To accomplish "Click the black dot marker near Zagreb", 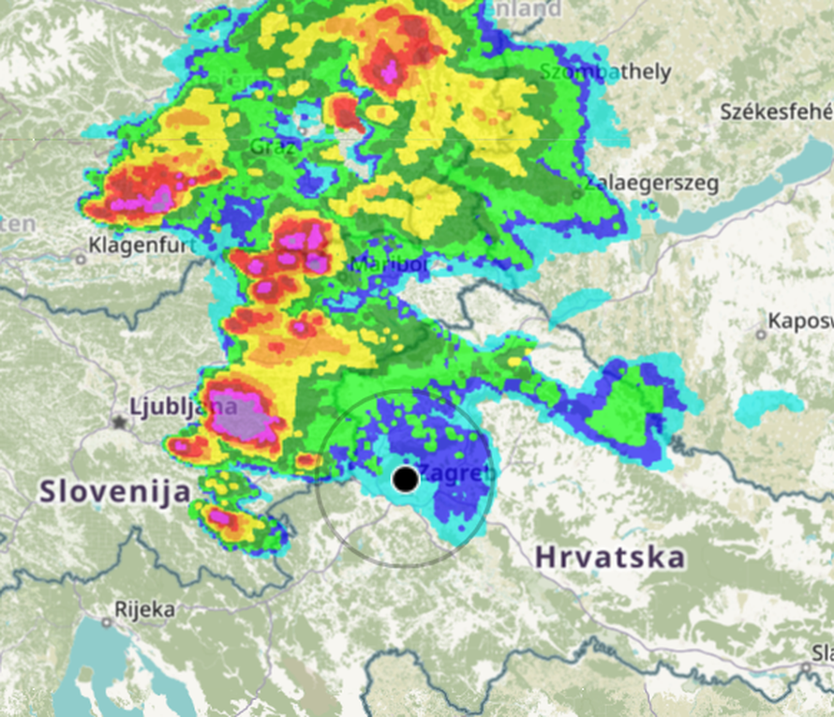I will (x=405, y=480).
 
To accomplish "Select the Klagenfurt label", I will (x=142, y=246).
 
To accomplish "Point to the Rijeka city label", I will (x=144, y=609).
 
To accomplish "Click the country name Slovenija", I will (x=115, y=490).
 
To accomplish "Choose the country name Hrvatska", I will (x=609, y=557).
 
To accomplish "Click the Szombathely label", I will (x=605, y=71).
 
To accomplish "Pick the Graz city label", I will (x=274, y=146).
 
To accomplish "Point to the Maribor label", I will (x=389, y=265).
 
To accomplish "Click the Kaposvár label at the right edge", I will (x=799, y=321).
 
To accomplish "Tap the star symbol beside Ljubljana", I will (x=119, y=423).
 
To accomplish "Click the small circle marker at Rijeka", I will (x=107, y=621).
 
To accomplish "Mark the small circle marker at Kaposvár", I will (x=761, y=334).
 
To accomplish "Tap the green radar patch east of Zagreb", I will (x=626, y=405).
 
